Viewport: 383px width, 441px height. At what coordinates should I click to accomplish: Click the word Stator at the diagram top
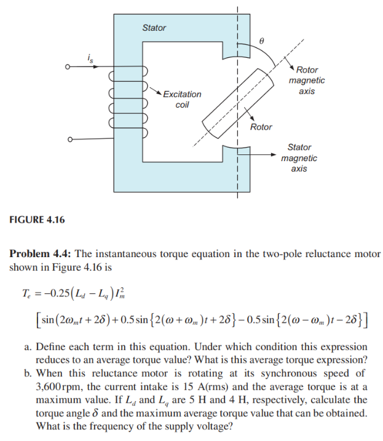click(x=154, y=28)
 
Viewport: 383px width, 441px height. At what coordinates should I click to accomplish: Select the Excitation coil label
click(x=182, y=99)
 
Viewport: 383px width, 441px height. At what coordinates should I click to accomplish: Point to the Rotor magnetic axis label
click(x=307, y=81)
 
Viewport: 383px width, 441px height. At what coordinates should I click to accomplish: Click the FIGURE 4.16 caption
click(x=38, y=220)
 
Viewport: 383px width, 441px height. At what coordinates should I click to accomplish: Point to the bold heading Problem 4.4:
click(x=41, y=254)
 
